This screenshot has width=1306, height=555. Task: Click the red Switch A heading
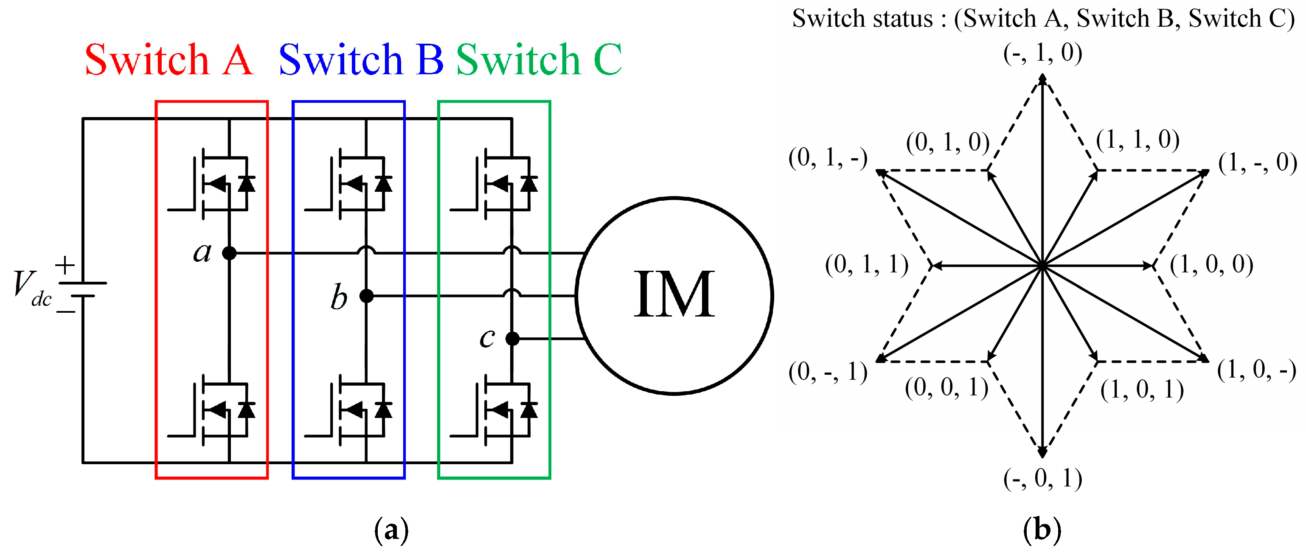[169, 60]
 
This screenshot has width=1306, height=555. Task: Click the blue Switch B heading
[361, 60]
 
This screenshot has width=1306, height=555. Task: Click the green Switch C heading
[539, 60]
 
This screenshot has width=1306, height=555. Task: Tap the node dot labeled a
[229, 252]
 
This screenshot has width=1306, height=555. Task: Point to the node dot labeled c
[513, 338]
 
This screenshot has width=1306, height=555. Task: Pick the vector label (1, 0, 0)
[1211, 265]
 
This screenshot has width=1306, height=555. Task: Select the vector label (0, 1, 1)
[866, 265]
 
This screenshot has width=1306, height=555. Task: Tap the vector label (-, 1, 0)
[1042, 53]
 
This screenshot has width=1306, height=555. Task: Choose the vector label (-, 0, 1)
[1042, 479]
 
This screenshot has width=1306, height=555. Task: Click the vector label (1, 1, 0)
[1137, 140]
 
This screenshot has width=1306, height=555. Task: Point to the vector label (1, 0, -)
[1256, 370]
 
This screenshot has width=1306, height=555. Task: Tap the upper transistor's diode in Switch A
[247, 183]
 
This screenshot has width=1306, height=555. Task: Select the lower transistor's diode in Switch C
[529, 409]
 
